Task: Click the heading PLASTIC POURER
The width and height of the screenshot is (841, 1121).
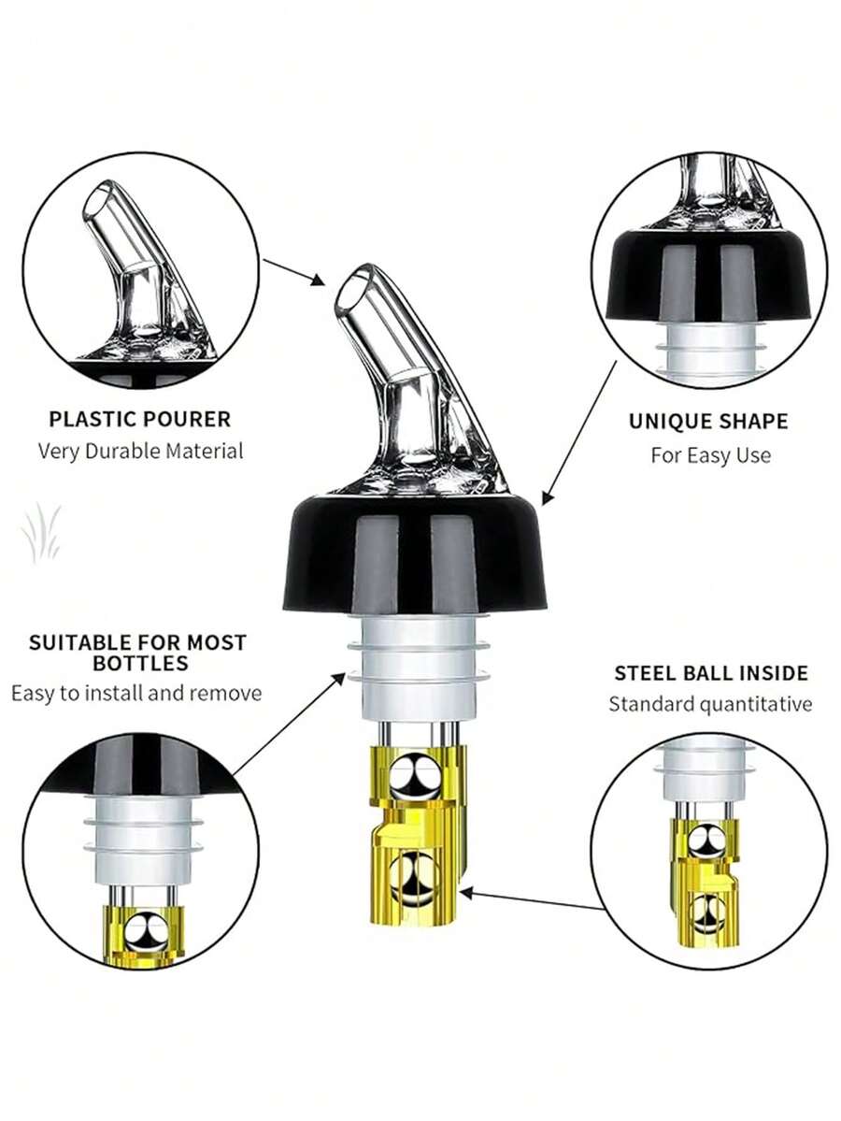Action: click(139, 419)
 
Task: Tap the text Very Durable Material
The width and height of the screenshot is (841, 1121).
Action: click(140, 451)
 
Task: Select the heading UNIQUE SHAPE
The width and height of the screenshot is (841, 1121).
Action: click(707, 421)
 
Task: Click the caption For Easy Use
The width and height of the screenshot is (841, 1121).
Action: click(710, 455)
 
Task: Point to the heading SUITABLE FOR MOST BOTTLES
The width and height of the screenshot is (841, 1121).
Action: click(137, 653)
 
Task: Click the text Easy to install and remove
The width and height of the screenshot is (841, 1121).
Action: click(136, 694)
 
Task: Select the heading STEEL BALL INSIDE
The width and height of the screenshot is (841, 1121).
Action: click(710, 673)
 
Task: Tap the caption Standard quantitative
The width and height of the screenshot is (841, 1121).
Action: click(710, 704)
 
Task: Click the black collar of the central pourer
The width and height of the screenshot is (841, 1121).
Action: click(414, 556)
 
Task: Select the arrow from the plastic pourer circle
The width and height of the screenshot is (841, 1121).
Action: click(293, 272)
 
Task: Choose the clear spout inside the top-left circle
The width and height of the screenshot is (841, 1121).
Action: click(140, 262)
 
